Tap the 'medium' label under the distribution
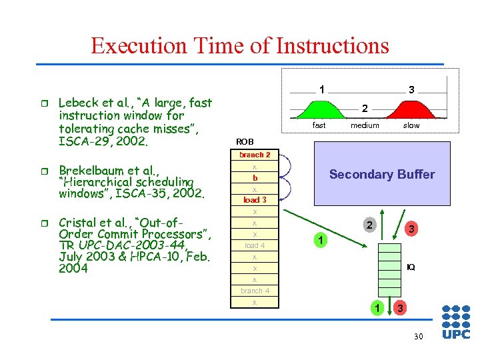[365, 125]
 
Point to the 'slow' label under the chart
[411, 125]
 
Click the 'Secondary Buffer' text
[381, 175]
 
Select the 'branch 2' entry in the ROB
[255, 155]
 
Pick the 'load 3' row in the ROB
[255, 200]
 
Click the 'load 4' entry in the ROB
[255, 245]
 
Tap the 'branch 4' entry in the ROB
[255, 291]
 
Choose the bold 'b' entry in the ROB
[255, 178]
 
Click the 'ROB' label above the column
[245, 141]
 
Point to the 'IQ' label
[411, 267]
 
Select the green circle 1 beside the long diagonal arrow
[319, 239]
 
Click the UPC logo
[456, 322]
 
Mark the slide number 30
[418, 337]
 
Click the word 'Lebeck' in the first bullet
[77, 103]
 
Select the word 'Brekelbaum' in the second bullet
[89, 170]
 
